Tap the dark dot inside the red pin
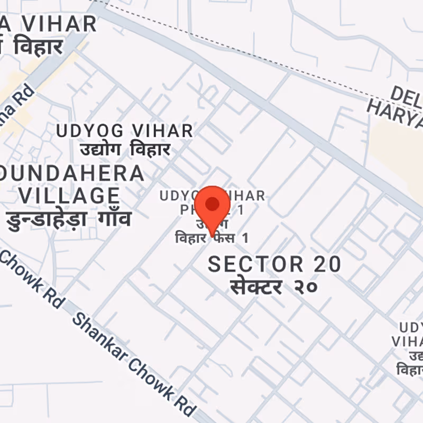click(x=212, y=204)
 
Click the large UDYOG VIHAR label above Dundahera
click(x=124, y=131)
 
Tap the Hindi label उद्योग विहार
click(x=125, y=150)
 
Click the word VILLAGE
click(x=69, y=195)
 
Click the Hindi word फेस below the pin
click(x=224, y=238)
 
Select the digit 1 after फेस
click(x=244, y=238)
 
